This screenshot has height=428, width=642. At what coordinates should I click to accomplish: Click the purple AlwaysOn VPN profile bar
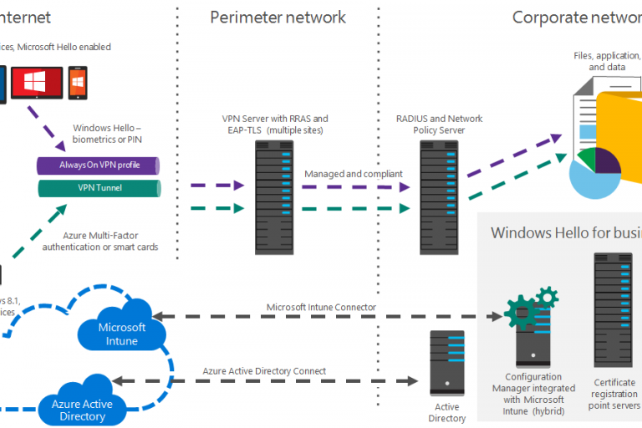pyautogui.click(x=99, y=165)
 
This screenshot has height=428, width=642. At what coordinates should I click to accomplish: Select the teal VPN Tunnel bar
pyautogui.click(x=99, y=188)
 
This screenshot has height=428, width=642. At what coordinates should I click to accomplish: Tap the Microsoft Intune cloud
pyautogui.click(x=122, y=333)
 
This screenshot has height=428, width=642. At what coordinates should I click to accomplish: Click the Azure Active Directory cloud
pyautogui.click(x=83, y=409)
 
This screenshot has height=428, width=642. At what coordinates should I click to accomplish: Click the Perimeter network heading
pyautogui.click(x=278, y=18)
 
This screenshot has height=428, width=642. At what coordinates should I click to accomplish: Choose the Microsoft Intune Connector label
pyautogui.click(x=321, y=307)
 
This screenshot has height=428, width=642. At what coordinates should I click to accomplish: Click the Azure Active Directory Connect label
pyautogui.click(x=264, y=370)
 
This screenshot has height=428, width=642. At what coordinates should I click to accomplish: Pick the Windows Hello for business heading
pyautogui.click(x=565, y=232)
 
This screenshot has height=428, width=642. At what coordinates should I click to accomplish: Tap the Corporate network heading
pyautogui.click(x=576, y=18)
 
